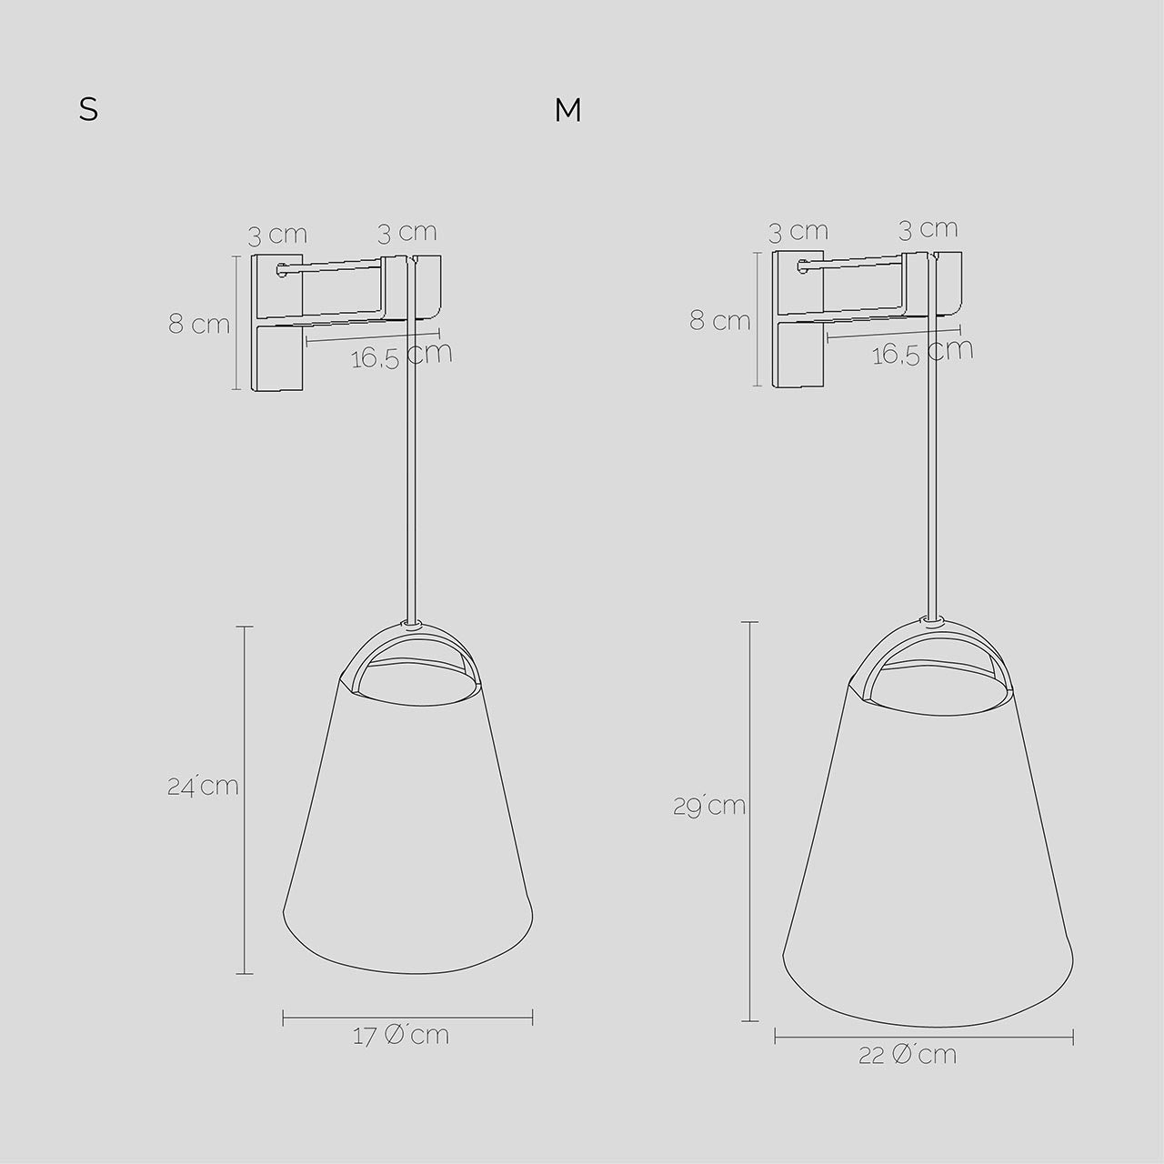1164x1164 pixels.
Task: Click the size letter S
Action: click(89, 110)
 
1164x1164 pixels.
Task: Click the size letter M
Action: click(567, 110)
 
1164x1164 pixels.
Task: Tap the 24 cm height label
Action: click(203, 787)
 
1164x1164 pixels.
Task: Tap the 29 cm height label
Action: click(709, 807)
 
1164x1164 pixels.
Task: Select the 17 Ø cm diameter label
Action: click(401, 1037)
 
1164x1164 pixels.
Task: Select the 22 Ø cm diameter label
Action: click(908, 1055)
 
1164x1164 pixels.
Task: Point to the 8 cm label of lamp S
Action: click(199, 325)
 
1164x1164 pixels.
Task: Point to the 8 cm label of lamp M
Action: click(720, 321)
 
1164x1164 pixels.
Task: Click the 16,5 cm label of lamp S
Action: click(402, 356)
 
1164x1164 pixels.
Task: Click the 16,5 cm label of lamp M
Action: click(922, 352)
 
